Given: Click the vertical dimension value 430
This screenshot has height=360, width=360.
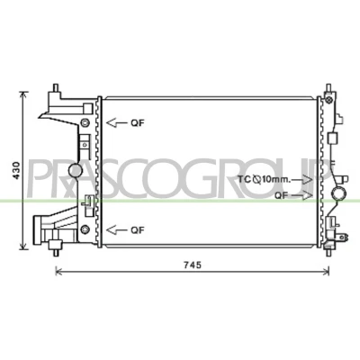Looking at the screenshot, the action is point(16,170).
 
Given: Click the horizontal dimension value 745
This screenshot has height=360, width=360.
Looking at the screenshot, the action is point(193,265).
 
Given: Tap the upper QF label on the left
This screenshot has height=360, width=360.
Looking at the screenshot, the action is point(138,122).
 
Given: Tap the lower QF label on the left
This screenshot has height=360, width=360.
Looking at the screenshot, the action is point(138,230).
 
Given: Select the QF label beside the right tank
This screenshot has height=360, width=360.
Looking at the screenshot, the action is point(282,195).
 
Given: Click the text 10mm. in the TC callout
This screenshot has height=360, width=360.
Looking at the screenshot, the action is point(276,180).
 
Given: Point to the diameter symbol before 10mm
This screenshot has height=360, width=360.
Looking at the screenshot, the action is point(257,180).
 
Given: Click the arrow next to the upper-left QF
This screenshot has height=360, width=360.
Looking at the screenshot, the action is point(118,122).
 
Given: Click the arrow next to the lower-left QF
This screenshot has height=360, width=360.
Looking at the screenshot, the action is point(118,230).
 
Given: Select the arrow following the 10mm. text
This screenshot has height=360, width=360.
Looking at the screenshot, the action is point(302,180).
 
